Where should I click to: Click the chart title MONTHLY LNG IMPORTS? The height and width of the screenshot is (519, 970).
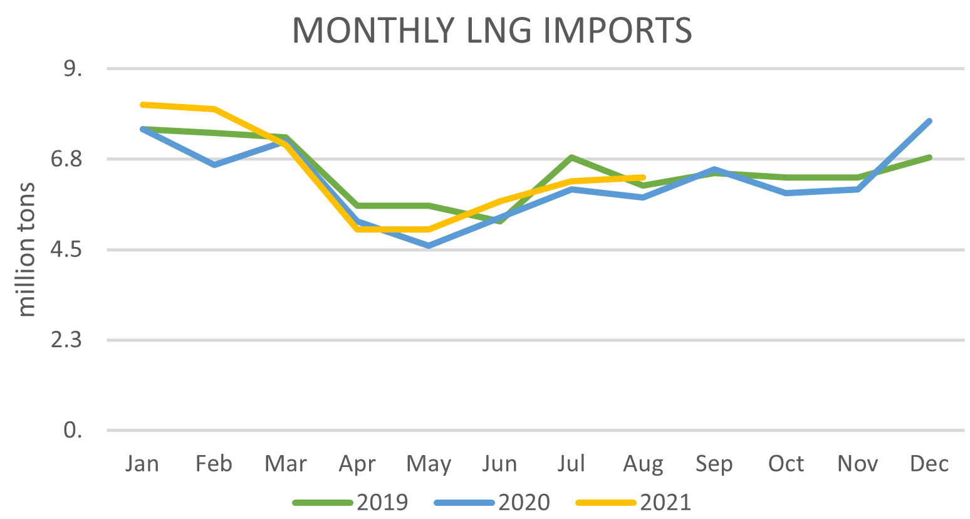pos(492,29)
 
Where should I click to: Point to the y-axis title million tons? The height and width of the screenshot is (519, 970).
pos(26,249)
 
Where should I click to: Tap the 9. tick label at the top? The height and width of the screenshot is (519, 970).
pos(73,68)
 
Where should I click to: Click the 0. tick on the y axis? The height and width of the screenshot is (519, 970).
pos(73,431)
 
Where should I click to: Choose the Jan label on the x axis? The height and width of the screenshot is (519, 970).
pos(142,464)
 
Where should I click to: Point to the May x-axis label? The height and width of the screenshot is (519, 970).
pos(429,464)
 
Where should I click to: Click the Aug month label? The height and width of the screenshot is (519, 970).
pos(643,464)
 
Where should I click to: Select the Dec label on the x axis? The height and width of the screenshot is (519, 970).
pos(929,464)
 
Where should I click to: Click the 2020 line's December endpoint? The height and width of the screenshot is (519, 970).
pos(929,121)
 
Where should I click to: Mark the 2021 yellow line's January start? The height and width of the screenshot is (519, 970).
pos(143,104)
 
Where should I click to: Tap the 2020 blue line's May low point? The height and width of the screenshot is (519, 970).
pos(429,246)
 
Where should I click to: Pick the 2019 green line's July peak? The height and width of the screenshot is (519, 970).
pos(571,157)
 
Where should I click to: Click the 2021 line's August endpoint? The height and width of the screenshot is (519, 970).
pos(643,177)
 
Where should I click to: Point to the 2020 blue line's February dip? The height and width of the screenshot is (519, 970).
pos(214,165)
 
